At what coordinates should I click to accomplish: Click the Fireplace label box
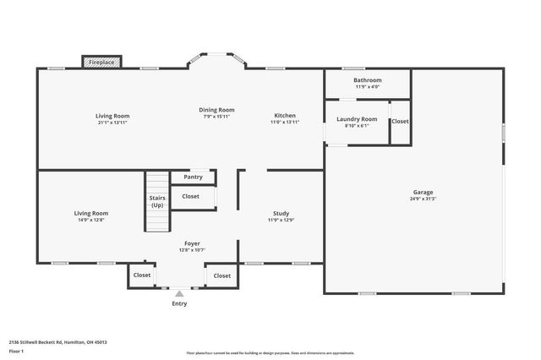(x=102, y=62)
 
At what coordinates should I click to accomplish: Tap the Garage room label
(x=423, y=193)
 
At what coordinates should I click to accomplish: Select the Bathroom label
(x=368, y=80)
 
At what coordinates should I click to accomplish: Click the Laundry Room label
(x=357, y=119)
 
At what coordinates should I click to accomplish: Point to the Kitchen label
(x=285, y=115)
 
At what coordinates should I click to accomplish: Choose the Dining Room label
(x=217, y=110)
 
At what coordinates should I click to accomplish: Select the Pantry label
(x=193, y=177)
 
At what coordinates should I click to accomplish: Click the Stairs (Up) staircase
(x=157, y=202)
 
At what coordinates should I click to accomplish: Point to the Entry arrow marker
(x=179, y=294)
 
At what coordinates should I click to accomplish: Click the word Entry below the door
(x=179, y=303)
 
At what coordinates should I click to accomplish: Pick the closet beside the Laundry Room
(x=400, y=122)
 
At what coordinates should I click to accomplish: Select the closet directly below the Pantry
(x=191, y=196)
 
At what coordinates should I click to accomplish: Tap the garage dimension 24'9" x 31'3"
(x=423, y=199)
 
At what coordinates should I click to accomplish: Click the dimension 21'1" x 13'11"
(x=112, y=123)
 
